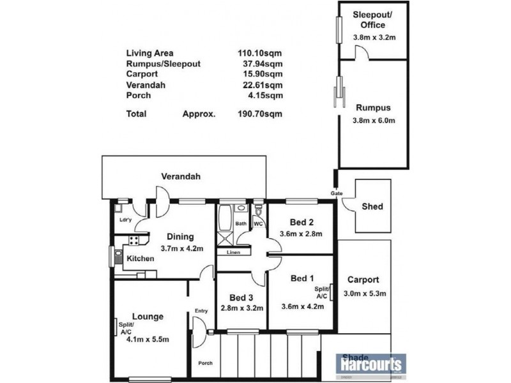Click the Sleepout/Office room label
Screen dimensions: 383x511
coord(369,20)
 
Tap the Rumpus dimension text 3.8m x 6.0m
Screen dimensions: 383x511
coord(374,120)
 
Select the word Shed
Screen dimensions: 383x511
coord(372,206)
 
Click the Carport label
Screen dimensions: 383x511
coord(363,280)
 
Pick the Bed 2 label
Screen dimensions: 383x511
coord(301,222)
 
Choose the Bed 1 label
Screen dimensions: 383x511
coord(302,278)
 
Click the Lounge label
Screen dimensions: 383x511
coord(148,316)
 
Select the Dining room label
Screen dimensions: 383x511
coord(181,237)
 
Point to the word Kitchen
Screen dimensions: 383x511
coord(140,259)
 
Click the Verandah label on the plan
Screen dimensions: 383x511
coord(178,176)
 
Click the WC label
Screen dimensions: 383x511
coord(259,224)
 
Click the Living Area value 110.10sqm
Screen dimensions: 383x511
coord(259,54)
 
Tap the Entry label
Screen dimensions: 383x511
coord(202,311)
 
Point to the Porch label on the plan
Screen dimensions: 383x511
coord(205,363)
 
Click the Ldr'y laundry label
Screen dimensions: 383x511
coord(126,221)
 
